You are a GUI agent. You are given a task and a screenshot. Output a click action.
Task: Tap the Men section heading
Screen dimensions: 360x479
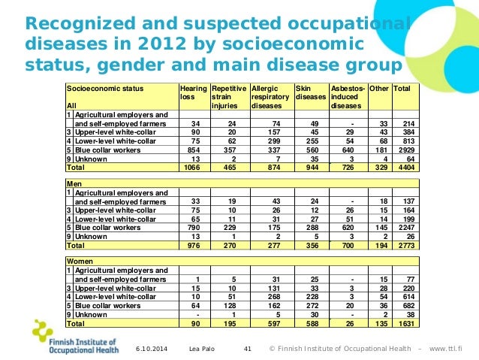pyautogui.click(x=74, y=183)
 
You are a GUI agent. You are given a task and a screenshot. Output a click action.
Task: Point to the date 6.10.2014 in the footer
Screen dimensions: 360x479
pyautogui.click(x=155, y=348)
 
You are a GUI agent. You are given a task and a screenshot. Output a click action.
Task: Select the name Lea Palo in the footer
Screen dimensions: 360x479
pyautogui.click(x=202, y=348)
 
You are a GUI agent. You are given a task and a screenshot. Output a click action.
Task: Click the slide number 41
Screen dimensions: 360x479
pyautogui.click(x=249, y=348)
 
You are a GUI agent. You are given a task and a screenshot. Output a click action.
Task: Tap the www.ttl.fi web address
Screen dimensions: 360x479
pyautogui.click(x=452, y=348)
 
